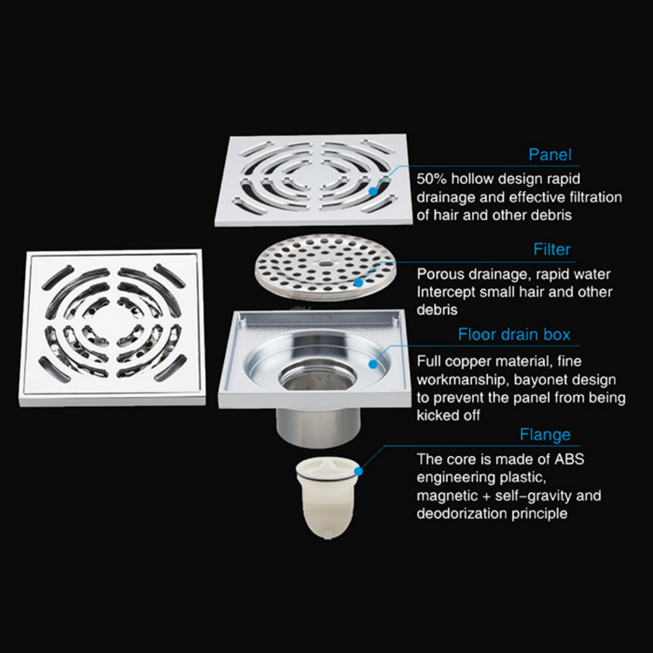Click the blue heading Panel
coord(550,155)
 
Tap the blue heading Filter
coord(552,249)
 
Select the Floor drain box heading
coord(514,334)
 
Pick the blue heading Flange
coord(545,435)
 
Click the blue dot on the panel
coord(373,191)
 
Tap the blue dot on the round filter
coord(358,283)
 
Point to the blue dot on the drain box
coord(373,364)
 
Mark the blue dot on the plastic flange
coord(358,471)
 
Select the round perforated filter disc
coord(325,267)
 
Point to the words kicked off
coord(448,415)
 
